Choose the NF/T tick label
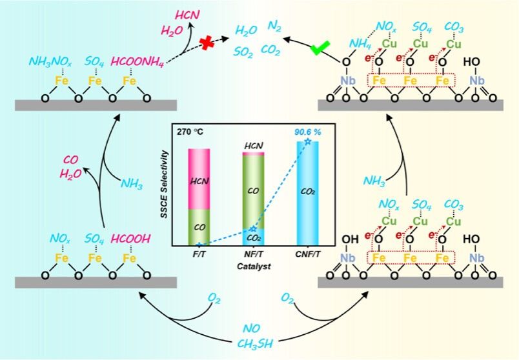pos(254,255)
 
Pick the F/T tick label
pos(199,255)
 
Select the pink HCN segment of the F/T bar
pos(199,178)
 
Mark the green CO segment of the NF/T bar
pos(254,190)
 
